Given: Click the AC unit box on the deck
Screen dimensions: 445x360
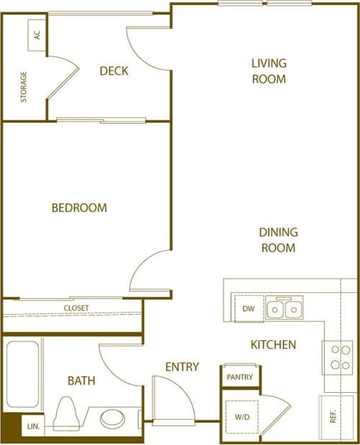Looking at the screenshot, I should click(37, 35).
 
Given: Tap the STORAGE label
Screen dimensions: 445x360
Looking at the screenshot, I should click(24, 86).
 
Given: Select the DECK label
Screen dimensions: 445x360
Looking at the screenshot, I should click(113, 71).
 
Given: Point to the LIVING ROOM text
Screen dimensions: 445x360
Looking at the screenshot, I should click(268, 71).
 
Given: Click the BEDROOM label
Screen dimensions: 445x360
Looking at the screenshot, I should click(79, 208).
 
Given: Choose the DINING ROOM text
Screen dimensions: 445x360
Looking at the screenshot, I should click(278, 240).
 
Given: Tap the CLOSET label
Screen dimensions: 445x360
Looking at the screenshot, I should click(76, 308).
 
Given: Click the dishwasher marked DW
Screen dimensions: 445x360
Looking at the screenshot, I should click(248, 310).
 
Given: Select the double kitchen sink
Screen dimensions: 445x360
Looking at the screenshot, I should click(283, 310).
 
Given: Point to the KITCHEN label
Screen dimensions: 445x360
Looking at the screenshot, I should click(273, 345).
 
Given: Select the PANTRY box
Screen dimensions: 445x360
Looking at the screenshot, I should click(239, 376).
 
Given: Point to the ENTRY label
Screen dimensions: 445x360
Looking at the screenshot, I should click(181, 368).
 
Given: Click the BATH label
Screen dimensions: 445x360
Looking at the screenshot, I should click(81, 381).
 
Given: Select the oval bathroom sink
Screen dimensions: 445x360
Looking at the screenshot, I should click(112, 418).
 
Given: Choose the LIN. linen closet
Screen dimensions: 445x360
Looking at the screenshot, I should click(33, 427).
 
